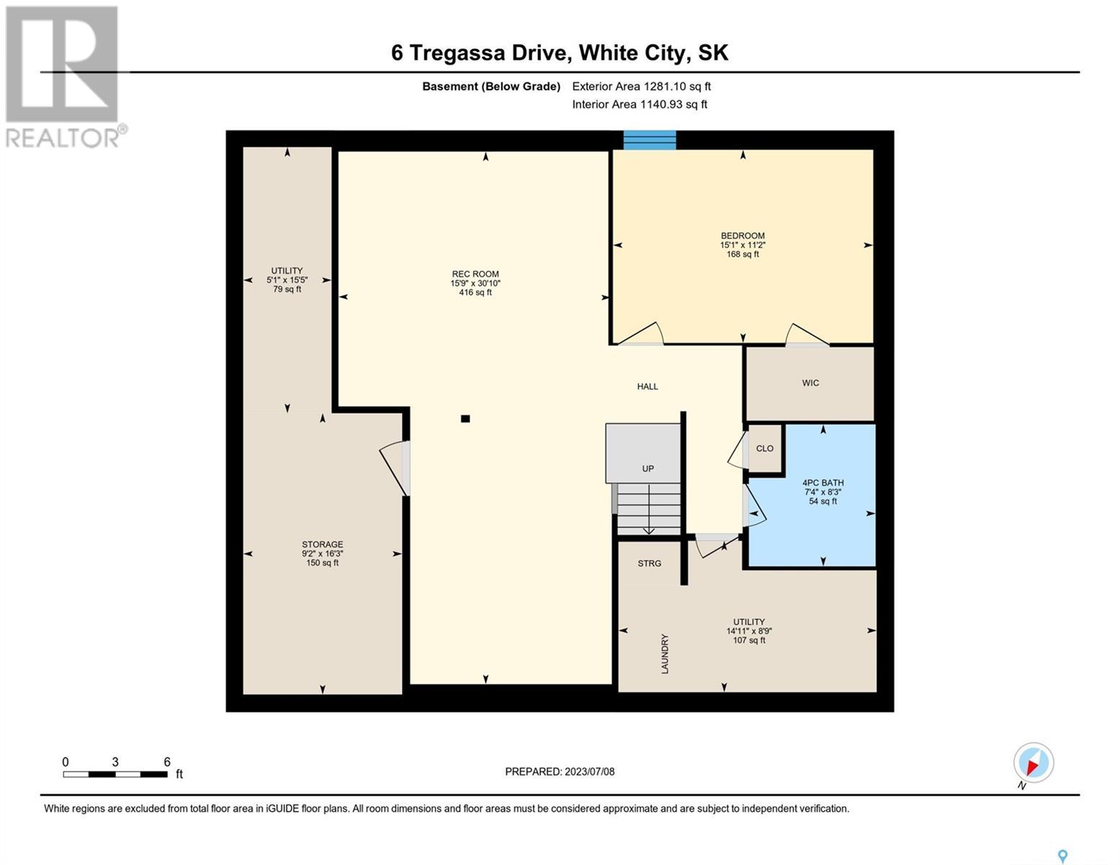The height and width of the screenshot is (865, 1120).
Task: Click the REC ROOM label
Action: (x=475, y=274)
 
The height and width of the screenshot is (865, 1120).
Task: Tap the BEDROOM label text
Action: (x=742, y=236)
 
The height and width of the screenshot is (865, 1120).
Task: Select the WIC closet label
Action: (x=810, y=383)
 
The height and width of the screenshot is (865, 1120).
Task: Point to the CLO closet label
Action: (x=764, y=448)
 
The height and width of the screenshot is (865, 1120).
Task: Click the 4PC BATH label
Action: (x=823, y=483)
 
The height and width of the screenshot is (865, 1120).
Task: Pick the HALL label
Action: (x=648, y=386)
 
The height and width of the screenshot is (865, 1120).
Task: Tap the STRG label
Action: (x=649, y=564)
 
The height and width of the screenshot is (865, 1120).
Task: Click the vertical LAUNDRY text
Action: (x=664, y=654)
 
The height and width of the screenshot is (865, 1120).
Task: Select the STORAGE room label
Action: (x=322, y=544)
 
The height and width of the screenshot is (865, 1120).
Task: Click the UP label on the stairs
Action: (x=648, y=469)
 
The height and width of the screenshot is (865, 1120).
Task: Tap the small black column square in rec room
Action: (x=465, y=419)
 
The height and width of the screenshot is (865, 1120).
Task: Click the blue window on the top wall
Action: (x=649, y=140)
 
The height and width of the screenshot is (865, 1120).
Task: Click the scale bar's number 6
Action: (x=167, y=762)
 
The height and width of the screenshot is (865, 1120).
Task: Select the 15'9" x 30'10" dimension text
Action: (x=475, y=283)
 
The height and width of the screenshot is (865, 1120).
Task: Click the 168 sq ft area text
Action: (x=742, y=254)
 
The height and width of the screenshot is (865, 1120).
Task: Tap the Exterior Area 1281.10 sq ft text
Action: (x=641, y=86)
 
